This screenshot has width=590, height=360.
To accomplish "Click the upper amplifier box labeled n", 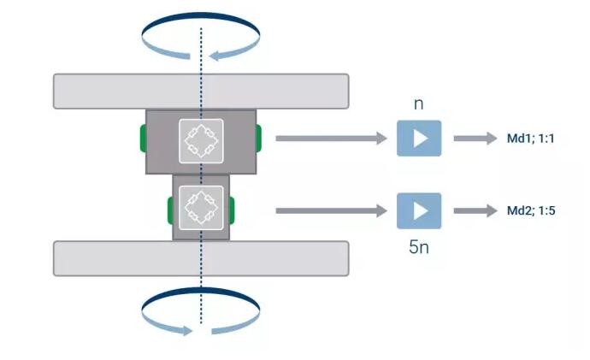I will click(x=419, y=138).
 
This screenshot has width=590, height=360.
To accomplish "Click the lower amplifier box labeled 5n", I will click(x=419, y=210).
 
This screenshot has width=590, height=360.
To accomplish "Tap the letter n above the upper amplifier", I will click(x=418, y=104).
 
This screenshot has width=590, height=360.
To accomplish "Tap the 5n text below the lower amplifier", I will click(x=419, y=248).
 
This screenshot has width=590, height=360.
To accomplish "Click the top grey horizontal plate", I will click(x=201, y=91).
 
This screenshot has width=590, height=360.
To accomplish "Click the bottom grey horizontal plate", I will click(x=201, y=258).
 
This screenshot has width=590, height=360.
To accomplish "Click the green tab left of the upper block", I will click(x=143, y=137).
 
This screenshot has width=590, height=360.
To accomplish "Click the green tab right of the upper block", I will click(x=258, y=136).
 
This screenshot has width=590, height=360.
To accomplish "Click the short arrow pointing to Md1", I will click(x=475, y=138).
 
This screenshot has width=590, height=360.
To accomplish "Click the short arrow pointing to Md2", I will click(x=475, y=210).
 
